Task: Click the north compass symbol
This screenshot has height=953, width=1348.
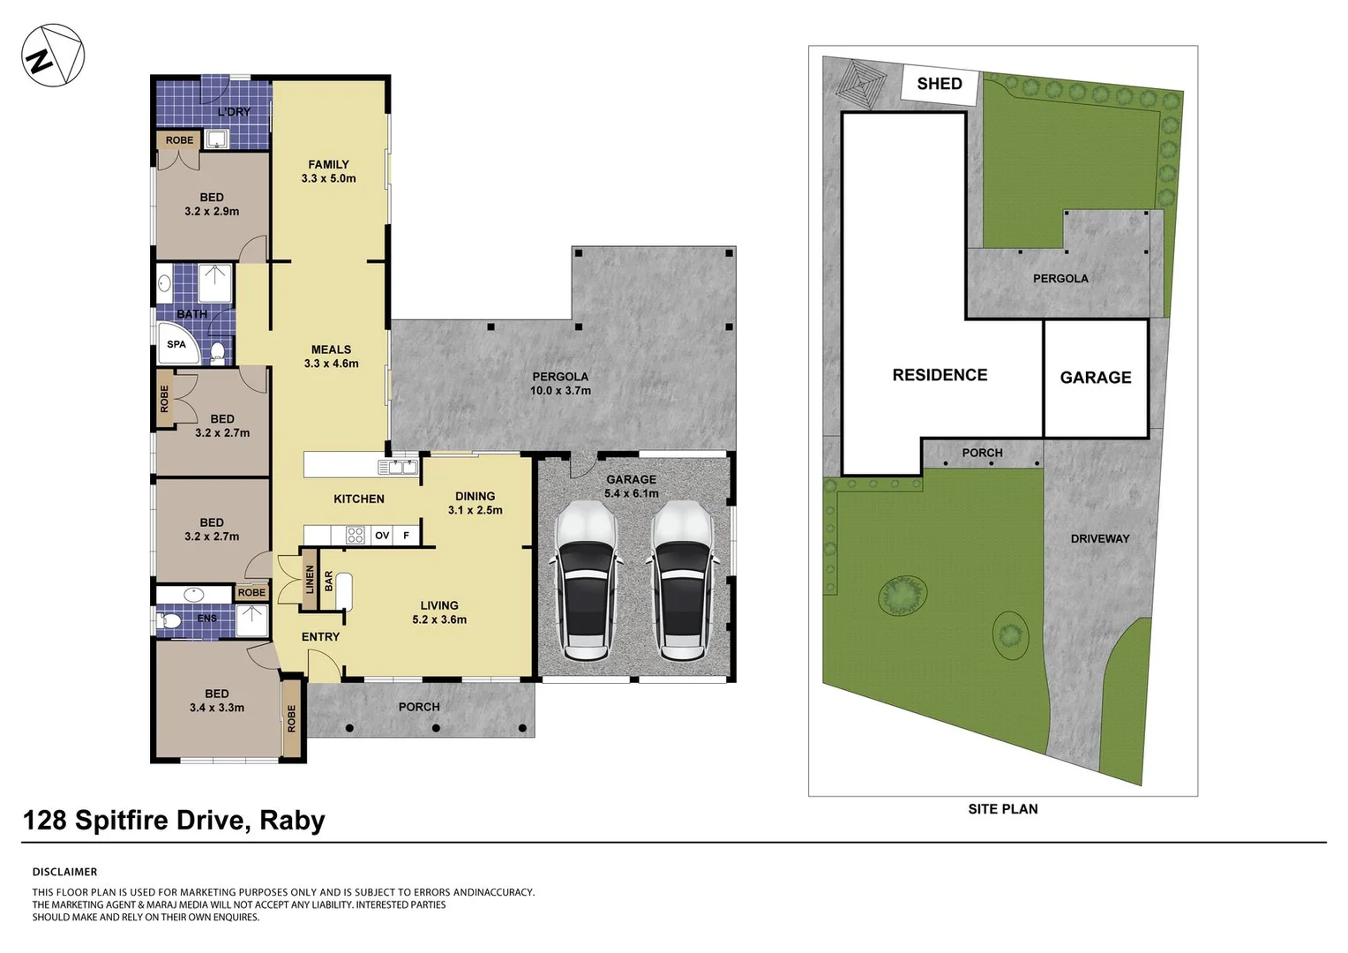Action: [x=53, y=56]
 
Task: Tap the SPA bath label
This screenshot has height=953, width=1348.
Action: [x=176, y=344]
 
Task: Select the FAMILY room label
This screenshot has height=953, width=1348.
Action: [x=328, y=164]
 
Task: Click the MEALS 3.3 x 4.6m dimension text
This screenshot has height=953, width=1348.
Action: [x=331, y=364]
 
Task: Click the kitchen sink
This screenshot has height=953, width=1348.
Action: [x=398, y=467]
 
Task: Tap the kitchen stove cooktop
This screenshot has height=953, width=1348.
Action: [x=355, y=536]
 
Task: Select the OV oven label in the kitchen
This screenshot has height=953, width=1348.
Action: [x=382, y=536]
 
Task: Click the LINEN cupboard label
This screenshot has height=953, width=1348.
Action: [x=310, y=579]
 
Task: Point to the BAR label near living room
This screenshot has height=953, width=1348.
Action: [x=328, y=581]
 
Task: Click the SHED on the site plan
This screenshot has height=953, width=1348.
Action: [x=940, y=84]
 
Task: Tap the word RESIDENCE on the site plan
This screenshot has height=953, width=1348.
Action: [x=940, y=375]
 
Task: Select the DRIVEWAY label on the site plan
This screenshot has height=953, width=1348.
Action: [x=1100, y=539]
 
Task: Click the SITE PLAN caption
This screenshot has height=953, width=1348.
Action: [x=1002, y=809]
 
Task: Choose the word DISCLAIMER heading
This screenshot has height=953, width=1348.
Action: [x=64, y=872]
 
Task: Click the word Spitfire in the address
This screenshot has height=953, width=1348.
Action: [x=160, y=821]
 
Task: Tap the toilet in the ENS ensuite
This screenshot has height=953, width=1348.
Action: [x=169, y=619]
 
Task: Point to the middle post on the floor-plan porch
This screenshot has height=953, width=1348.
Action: [x=437, y=729]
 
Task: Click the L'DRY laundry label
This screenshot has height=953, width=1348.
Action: [x=234, y=112]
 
